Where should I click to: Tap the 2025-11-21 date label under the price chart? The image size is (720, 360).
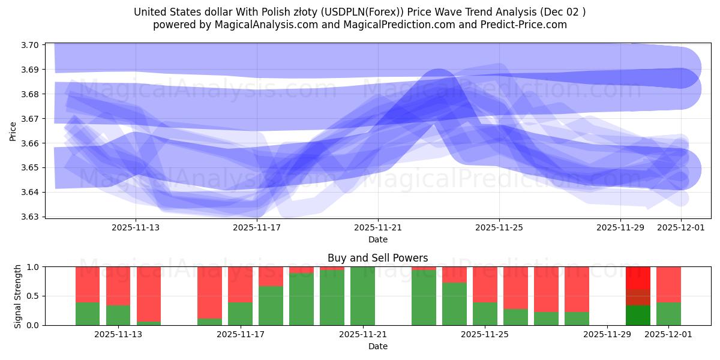pyautogui.click(x=378, y=228)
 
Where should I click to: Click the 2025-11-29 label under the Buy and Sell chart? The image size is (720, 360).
pyautogui.click(x=607, y=335)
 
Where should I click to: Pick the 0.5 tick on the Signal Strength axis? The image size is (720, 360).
pyautogui.click(x=34, y=296)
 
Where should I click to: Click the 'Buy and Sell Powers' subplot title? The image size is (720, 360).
pyautogui.click(x=377, y=259)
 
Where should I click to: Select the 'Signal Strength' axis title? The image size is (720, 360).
pyautogui.click(x=18, y=296)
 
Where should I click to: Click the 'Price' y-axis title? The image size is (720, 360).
pyautogui.click(x=13, y=131)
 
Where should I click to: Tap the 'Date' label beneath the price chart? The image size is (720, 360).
pyautogui.click(x=377, y=239)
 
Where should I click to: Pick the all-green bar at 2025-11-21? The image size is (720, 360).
pyautogui.click(x=362, y=296)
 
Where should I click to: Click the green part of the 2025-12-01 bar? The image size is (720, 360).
pyautogui.click(x=668, y=313)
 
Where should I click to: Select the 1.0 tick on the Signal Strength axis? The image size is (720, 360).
pyautogui.click(x=34, y=267)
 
